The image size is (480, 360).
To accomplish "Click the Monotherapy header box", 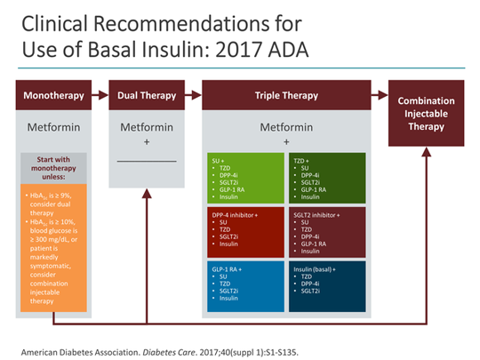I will pyautogui.click(x=53, y=94).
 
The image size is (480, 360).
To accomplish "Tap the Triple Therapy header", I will pyautogui.click(x=286, y=94).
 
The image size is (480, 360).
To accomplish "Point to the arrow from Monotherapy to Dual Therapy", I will pyautogui.click(x=100, y=94).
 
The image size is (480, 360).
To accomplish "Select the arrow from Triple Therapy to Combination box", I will pyautogui.click(x=380, y=94).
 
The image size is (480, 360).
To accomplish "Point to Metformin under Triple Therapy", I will pyautogui.click(x=286, y=127).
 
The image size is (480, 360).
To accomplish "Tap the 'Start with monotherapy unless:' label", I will pyautogui.click(x=53, y=169).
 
